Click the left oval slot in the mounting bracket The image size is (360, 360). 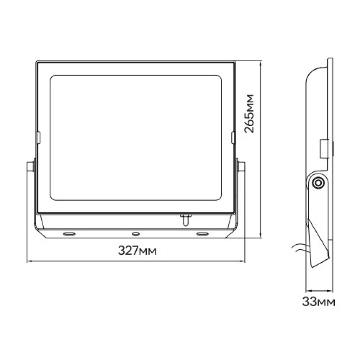[69, 234]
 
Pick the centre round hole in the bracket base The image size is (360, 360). [135, 234]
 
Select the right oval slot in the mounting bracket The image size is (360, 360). [202, 234]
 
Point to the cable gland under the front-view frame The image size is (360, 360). [185, 219]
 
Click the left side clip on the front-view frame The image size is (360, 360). [38, 138]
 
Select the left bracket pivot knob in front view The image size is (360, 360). [30, 166]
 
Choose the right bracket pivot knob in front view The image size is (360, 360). [241, 166]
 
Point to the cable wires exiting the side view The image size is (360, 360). [300, 246]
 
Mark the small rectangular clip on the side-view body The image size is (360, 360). [324, 149]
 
